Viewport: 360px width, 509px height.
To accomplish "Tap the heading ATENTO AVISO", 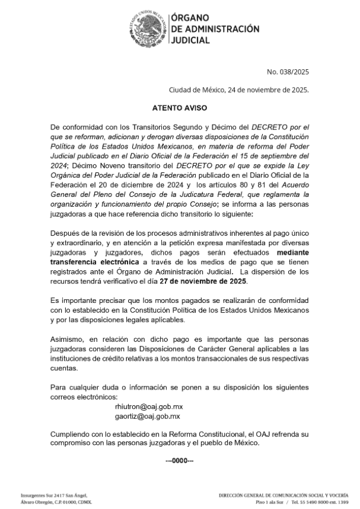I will click(x=179, y=108).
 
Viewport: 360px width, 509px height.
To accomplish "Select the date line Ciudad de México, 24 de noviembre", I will click(x=239, y=90).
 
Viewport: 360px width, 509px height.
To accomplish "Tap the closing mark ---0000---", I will click(x=179, y=460).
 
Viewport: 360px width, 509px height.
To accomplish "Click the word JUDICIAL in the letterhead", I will click(x=190, y=40).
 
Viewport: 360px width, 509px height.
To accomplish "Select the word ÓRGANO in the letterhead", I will click(x=192, y=18).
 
